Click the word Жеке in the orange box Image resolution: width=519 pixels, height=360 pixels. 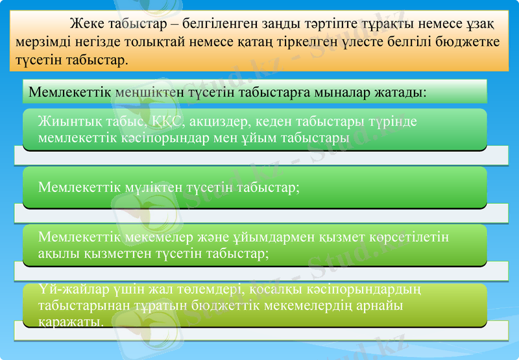tap(90, 25)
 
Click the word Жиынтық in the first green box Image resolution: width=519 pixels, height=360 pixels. tap(65, 123)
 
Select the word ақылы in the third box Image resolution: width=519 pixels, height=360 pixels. tap(60, 253)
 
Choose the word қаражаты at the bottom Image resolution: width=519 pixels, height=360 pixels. tap(71, 321)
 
